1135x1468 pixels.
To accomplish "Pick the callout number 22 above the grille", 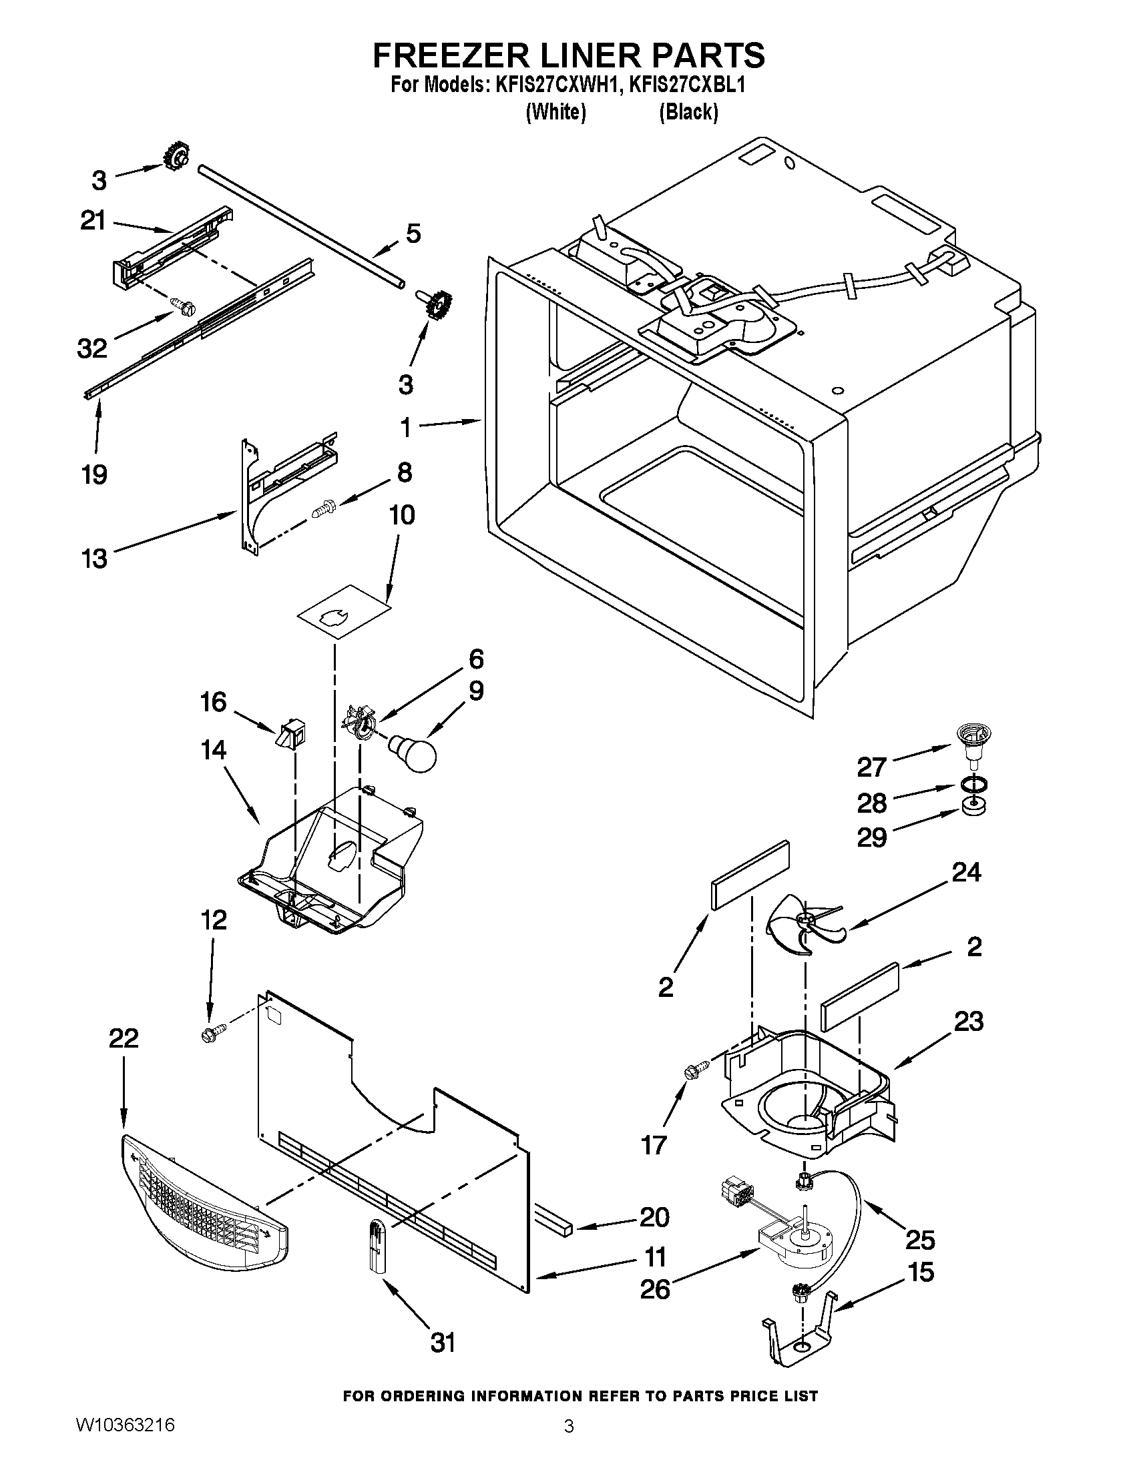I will [124, 1038].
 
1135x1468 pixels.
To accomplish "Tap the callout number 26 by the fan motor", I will [655, 1290].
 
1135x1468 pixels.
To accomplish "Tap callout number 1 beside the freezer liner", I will [405, 428].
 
